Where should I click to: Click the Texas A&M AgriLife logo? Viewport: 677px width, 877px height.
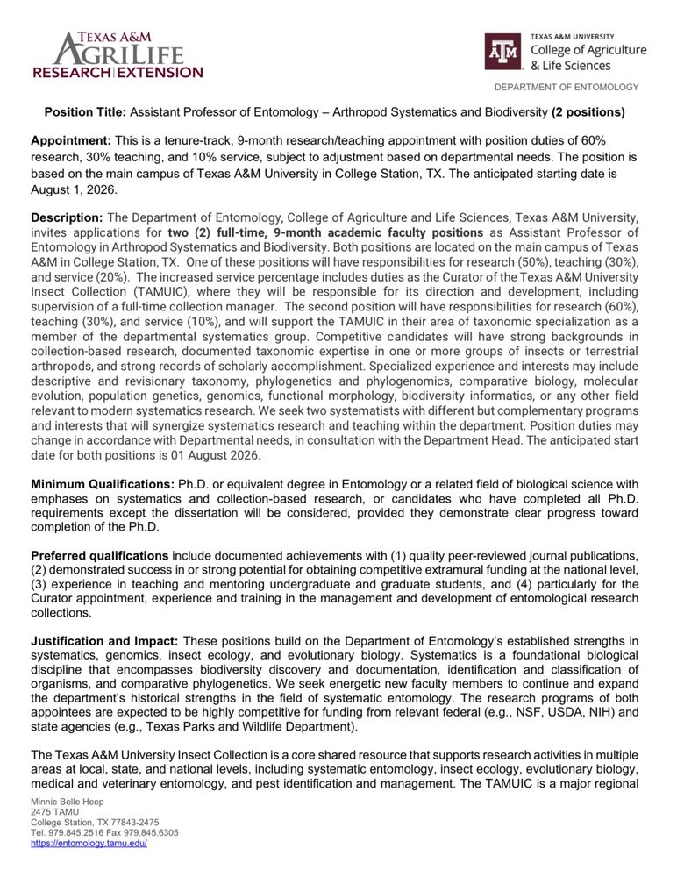[118, 54]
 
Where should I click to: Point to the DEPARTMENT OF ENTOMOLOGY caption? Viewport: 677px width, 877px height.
[567, 87]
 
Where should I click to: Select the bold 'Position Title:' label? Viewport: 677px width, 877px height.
[86, 112]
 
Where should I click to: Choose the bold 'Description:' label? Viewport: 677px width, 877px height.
[67, 217]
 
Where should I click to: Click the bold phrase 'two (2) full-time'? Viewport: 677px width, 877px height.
[220, 232]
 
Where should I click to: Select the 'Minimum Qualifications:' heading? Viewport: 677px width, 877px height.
[103, 484]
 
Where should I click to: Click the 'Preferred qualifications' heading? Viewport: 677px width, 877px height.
[100, 556]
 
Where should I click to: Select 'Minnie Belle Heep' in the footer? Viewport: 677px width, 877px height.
[67, 802]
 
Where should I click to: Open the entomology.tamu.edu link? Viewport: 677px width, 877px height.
[89, 843]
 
